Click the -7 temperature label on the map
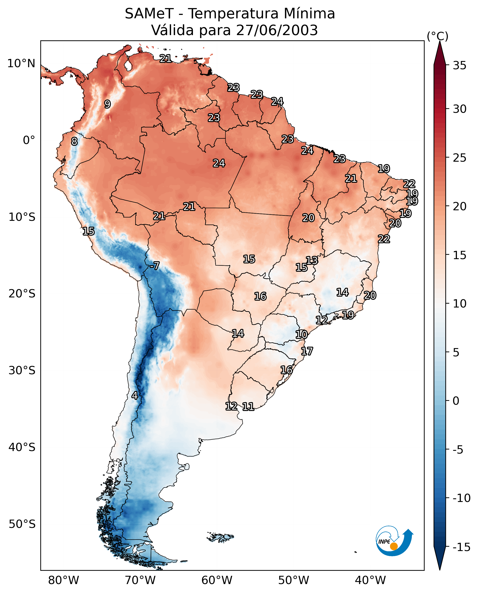click(154, 266)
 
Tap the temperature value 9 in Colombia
click(107, 104)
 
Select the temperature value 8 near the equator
click(74, 142)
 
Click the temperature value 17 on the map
click(307, 351)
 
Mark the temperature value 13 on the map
click(312, 260)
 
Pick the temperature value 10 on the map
click(302, 335)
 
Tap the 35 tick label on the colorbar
click(459, 66)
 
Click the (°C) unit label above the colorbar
click(437, 36)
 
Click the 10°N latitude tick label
click(22, 64)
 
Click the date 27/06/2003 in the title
click(277, 30)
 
